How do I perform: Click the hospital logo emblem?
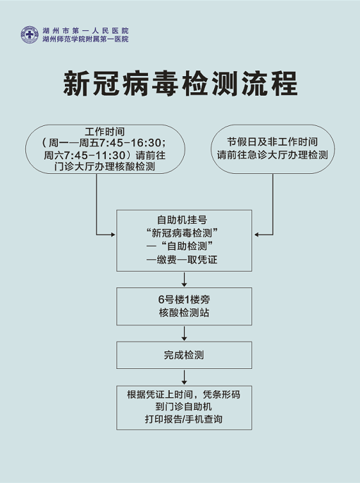pos(30,34)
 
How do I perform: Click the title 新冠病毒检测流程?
pos(180,84)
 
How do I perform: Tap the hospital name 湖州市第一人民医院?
pos(85,30)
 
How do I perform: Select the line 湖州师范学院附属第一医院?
pos(85,39)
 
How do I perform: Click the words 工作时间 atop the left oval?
pos(105,132)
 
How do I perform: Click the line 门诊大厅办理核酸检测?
pos(105,167)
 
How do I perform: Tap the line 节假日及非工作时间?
pos(273,142)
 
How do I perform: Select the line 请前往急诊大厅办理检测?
pos(273,155)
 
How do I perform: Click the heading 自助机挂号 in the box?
pos(182,220)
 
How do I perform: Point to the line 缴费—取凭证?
pos(182,259)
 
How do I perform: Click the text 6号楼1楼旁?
pos(185,299)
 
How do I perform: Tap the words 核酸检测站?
pos(185,313)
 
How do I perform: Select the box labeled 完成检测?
pos(184,355)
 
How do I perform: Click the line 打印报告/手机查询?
pos(184,419)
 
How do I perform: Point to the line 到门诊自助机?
pos(184,407)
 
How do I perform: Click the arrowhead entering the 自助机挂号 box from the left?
pos(113,234)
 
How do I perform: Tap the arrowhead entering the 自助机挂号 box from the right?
pos(256,234)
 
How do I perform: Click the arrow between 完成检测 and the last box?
pos(184,377)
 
